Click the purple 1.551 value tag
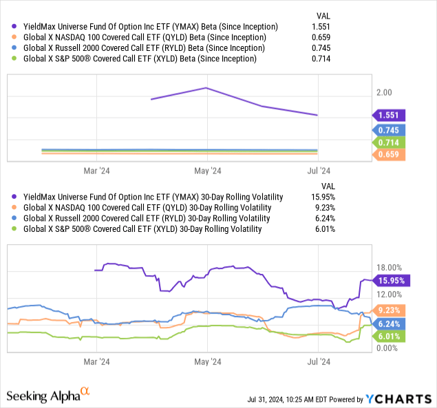click(389, 116)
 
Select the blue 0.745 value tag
click(389, 129)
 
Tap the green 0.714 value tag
click(389, 142)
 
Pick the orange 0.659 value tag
click(389, 155)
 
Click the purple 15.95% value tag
click(391, 280)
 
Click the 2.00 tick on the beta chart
click(383, 92)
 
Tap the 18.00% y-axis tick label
click(388, 267)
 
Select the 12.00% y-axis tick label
click(388, 294)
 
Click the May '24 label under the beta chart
click(207, 171)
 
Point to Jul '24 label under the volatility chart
click(318, 361)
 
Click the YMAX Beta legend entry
click(145, 26)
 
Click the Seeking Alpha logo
click(48, 396)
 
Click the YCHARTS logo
click(396, 398)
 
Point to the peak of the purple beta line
click(207, 87)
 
